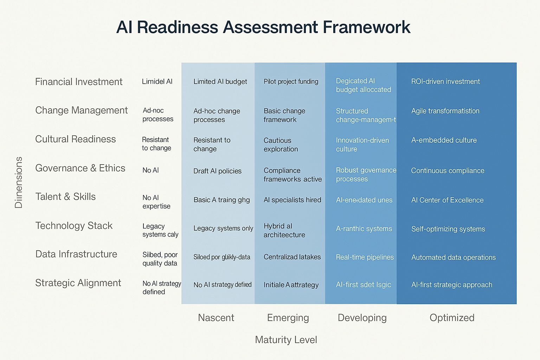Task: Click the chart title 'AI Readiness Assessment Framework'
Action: [263, 27]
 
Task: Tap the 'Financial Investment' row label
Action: [79, 82]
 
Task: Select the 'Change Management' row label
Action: [81, 110]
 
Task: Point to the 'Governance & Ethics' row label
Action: [80, 168]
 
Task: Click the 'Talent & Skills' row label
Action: [65, 197]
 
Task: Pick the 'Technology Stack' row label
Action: [74, 226]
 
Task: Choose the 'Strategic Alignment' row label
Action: [78, 283]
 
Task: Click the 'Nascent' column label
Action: [216, 318]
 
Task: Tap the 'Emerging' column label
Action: [288, 318]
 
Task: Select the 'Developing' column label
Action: [362, 318]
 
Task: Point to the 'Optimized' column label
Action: [452, 318]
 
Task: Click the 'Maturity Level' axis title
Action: [286, 340]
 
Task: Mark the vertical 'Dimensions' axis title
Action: [19, 182]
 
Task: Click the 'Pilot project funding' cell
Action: [291, 82]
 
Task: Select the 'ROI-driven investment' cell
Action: [445, 82]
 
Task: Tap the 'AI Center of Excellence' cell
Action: [447, 200]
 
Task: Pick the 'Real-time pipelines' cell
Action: [365, 257]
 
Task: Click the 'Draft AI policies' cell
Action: [217, 171]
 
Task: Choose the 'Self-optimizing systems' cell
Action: [448, 229]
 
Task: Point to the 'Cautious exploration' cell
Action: [281, 144]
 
